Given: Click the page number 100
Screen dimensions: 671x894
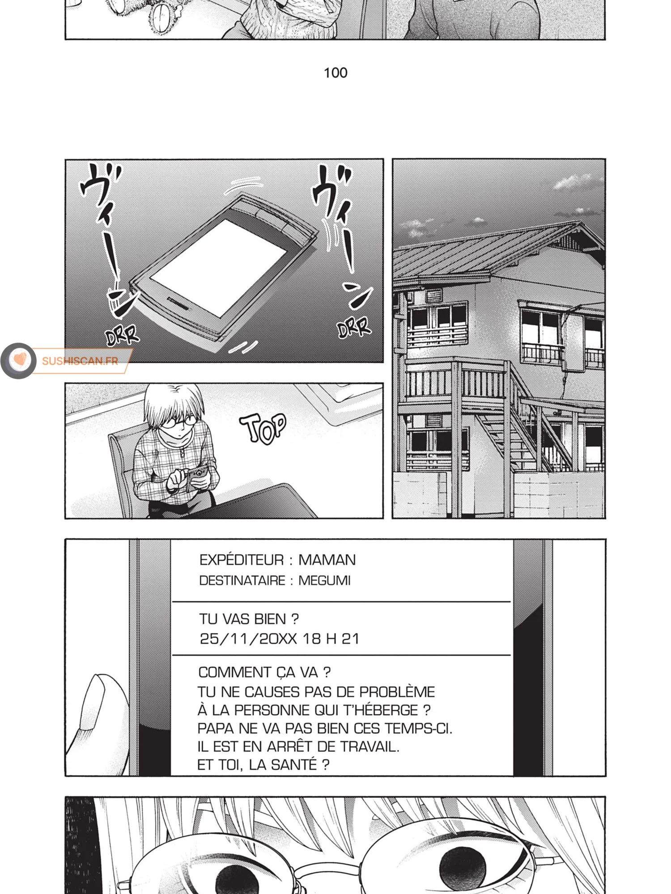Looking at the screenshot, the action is click(x=335, y=72).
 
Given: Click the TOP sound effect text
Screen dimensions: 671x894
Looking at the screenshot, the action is click(x=263, y=428).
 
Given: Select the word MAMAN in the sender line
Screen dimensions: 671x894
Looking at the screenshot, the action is click(x=327, y=560).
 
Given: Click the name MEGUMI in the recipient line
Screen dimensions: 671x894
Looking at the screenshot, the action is click(x=325, y=580).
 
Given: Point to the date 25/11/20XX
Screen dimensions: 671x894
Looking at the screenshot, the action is click(x=248, y=638).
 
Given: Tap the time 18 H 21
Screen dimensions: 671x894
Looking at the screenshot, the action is click(x=331, y=638).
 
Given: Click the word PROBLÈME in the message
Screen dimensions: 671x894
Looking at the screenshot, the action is click(x=397, y=692).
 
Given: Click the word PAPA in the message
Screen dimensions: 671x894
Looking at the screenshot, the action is click(x=216, y=728).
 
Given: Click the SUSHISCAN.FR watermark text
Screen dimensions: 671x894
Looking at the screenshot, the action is click(x=80, y=361).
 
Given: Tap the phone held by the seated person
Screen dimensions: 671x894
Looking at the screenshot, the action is click(x=197, y=473).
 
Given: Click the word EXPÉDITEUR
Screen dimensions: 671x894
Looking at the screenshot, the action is click(x=242, y=560).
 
